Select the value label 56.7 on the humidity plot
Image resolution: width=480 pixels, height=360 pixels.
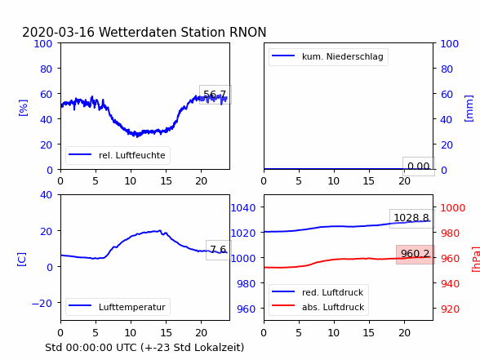click(x=215, y=95)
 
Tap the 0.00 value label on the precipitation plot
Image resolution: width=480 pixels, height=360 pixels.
click(x=419, y=167)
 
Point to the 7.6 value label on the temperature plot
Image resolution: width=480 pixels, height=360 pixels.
click(x=218, y=250)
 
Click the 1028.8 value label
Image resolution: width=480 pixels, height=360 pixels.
click(x=411, y=218)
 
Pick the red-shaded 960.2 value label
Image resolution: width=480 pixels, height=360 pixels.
click(x=415, y=253)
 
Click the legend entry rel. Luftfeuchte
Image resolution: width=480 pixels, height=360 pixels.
click(x=118, y=155)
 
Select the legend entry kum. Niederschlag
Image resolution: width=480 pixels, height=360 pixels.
click(x=328, y=56)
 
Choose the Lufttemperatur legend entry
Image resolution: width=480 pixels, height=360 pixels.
click(x=118, y=307)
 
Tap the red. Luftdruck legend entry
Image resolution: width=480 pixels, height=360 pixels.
click(x=318, y=292)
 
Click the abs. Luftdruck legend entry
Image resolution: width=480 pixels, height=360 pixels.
click(x=318, y=307)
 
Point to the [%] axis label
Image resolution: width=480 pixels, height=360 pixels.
click(x=23, y=108)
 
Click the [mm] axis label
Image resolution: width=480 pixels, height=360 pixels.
click(x=469, y=109)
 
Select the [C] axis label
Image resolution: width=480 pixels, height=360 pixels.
click(x=21, y=260)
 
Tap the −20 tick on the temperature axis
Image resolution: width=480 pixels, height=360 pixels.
click(x=42, y=304)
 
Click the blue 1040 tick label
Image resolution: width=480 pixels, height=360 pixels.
click(x=243, y=208)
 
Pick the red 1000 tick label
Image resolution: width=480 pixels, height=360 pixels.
click(x=453, y=208)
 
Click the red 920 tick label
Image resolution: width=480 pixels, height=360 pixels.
click(x=450, y=309)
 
